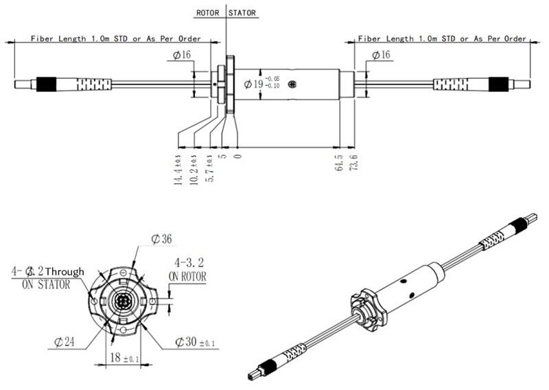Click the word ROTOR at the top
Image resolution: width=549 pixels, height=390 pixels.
(209, 13)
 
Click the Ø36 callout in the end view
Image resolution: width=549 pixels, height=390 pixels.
(161, 239)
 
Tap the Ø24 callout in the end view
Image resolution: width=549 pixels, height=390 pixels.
(65, 340)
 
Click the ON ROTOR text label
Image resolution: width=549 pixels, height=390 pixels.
(187, 276)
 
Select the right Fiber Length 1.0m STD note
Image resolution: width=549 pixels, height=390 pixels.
(442, 39)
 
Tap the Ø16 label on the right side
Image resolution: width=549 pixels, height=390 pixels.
(381, 54)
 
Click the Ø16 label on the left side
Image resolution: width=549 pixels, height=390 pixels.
(182, 54)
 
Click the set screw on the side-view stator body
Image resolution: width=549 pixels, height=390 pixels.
(293, 84)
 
